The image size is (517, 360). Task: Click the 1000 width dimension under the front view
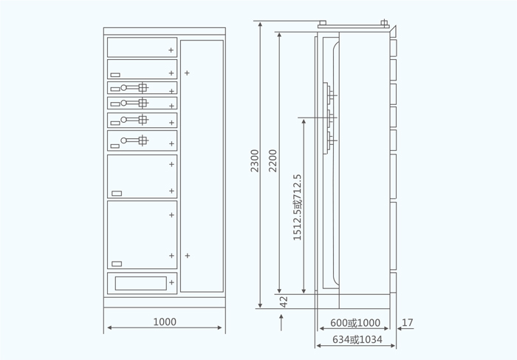tap(165, 322)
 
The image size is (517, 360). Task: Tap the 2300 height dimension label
tap(255, 160)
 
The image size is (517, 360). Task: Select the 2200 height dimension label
tap(273, 160)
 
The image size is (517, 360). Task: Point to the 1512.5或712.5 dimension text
tap(297, 207)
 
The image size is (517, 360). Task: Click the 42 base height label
tap(284, 302)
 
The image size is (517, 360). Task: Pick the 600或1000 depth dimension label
tap(355, 322)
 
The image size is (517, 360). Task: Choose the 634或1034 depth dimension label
tap(357, 339)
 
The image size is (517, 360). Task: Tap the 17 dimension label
tap(408, 322)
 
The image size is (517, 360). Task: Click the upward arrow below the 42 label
tap(281, 322)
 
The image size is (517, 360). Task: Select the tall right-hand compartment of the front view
tap(202, 166)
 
